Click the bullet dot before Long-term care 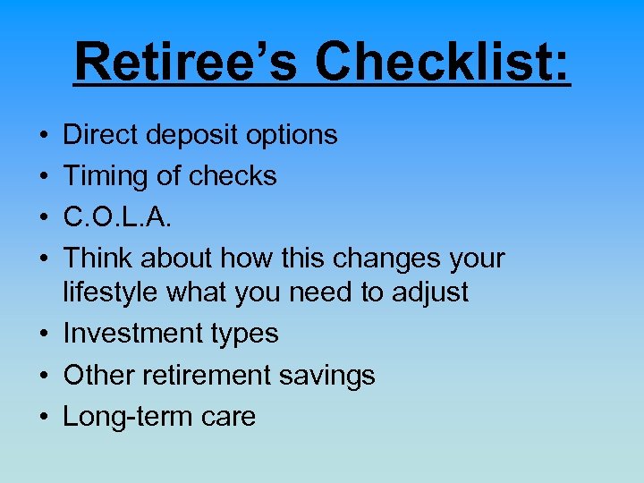click(x=45, y=417)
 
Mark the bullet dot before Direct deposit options click(x=45, y=136)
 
